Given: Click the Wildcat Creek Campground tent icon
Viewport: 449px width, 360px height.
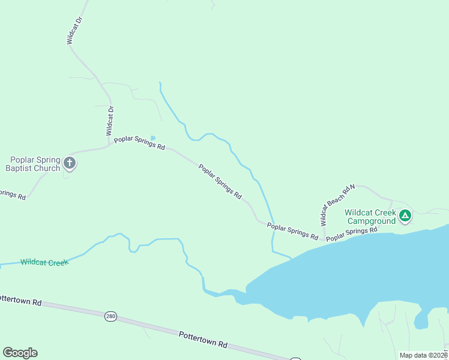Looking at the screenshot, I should [x=405, y=215].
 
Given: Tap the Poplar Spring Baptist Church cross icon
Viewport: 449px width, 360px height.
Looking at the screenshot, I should [x=70, y=163].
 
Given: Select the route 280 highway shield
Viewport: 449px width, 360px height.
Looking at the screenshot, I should [x=110, y=316].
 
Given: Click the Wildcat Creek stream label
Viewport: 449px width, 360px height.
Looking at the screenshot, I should [x=44, y=262].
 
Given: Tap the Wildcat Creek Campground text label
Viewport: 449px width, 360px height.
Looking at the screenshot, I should [x=370, y=217].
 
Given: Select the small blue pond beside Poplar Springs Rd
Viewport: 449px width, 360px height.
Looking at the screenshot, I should [x=152, y=137].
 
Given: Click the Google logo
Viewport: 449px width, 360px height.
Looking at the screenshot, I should [x=20, y=352].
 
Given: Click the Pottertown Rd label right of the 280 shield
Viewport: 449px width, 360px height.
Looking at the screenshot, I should [x=203, y=340].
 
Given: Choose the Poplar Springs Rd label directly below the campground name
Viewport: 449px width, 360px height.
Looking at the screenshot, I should [x=352, y=234].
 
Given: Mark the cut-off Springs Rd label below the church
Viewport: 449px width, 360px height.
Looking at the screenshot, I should [x=12, y=194].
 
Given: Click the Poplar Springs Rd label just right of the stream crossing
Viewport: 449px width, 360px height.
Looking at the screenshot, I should [x=292, y=231].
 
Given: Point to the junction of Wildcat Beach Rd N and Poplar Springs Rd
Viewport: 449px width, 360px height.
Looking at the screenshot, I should [x=324, y=239].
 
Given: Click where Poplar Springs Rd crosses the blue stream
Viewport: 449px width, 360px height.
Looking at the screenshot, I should [x=273, y=226].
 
